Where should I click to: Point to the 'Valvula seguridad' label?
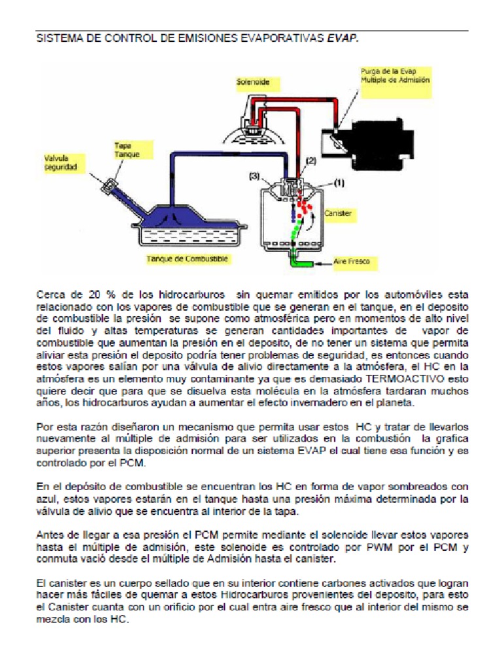click(61, 163)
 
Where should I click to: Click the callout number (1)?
click(339, 184)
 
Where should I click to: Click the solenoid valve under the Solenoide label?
click(254, 124)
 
